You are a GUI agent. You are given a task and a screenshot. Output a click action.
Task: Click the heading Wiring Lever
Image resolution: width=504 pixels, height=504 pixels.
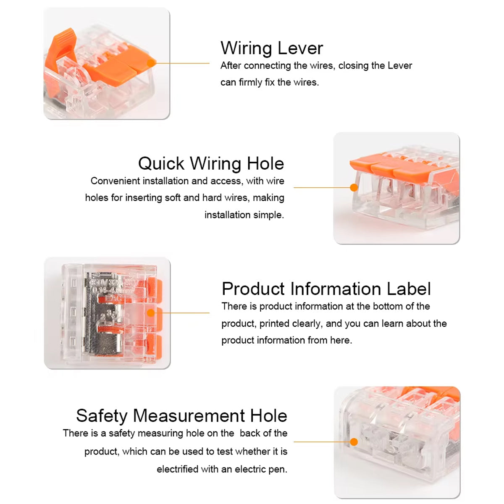(x=271, y=48)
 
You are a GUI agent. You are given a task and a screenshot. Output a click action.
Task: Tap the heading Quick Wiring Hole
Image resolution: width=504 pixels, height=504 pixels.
(x=211, y=164)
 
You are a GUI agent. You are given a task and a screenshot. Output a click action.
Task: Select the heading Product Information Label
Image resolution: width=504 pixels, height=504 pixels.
(x=326, y=289)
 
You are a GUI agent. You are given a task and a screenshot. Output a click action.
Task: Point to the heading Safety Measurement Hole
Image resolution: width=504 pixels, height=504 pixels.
(x=181, y=416)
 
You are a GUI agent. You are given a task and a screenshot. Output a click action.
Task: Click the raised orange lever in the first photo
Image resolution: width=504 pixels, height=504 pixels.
(x=60, y=50)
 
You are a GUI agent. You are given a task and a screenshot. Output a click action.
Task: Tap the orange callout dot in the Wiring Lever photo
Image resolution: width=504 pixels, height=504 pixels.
(x=151, y=63)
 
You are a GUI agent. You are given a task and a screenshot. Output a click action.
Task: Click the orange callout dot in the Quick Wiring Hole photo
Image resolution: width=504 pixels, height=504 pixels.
(x=354, y=187)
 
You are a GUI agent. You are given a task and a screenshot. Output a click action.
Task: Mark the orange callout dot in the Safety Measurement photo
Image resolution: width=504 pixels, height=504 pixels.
(x=354, y=442)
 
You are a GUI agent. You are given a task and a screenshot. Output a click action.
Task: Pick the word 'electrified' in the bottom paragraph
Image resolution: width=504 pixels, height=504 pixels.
(x=177, y=469)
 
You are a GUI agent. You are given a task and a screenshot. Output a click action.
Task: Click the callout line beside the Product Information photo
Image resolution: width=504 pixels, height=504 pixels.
(x=185, y=313)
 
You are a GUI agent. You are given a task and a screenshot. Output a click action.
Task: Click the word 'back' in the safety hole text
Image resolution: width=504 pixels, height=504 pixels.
(x=250, y=433)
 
